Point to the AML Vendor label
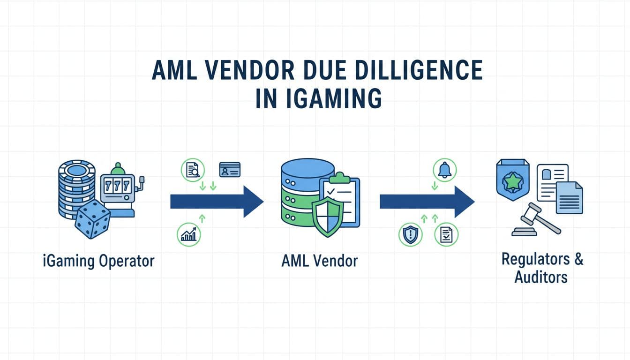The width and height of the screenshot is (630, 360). (x=319, y=261)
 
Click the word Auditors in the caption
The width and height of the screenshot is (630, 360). (x=541, y=277)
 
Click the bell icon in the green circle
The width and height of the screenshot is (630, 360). (x=443, y=170)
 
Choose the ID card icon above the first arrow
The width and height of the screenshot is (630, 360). (x=230, y=170)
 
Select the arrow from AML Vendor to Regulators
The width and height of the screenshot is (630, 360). (x=427, y=202)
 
